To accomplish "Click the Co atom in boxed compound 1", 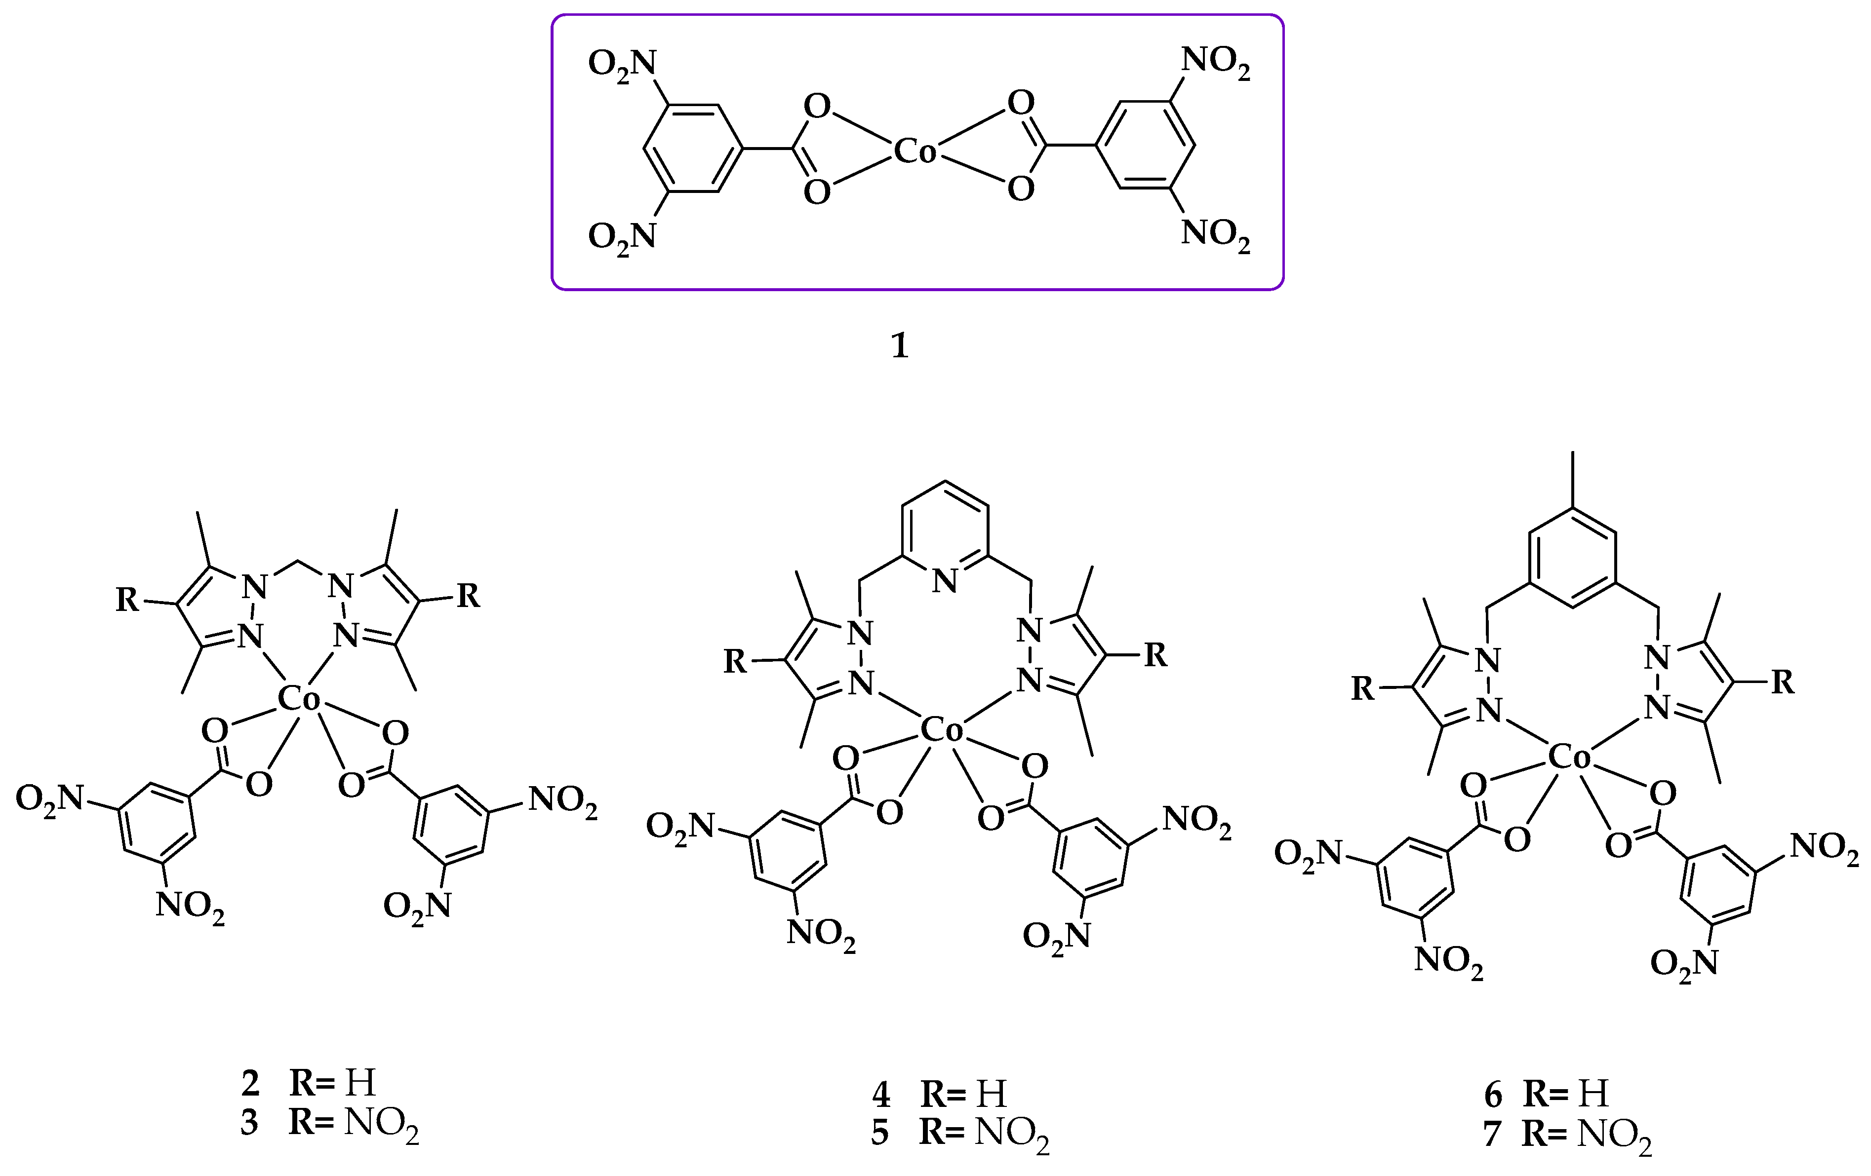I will tap(916, 152).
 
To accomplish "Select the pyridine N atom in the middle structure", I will tap(945, 581).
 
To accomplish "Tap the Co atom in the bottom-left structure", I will tap(298, 699).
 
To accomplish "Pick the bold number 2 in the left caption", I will tap(250, 1082).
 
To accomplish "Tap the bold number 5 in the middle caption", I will tap(879, 1133).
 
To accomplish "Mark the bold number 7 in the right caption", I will tap(1492, 1134).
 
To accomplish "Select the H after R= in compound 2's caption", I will tap(360, 1082).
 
